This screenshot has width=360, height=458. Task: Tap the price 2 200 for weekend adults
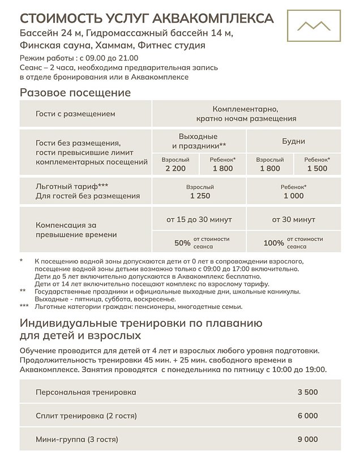[175, 168]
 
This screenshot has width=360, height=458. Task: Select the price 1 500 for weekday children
[317, 168]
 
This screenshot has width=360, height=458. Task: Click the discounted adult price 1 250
[199, 196]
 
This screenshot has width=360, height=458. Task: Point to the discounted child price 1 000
[293, 196]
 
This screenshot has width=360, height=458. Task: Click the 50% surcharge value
[182, 243]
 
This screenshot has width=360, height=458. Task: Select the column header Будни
[293, 141]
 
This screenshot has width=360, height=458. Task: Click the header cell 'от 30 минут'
[293, 219]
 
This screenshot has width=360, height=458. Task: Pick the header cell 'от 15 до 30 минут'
[199, 219]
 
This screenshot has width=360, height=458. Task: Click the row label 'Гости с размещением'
[75, 114]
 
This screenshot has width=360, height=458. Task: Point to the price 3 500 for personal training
[307, 392]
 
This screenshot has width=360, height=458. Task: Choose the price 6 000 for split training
[307, 416]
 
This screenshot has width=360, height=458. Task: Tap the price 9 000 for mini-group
[307, 439]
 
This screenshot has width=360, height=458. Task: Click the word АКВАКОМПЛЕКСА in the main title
[212, 18]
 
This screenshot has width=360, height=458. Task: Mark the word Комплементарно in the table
[246, 109]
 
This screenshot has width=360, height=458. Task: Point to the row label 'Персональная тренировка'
[85, 392]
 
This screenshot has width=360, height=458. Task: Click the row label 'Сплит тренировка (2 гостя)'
[86, 416]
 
